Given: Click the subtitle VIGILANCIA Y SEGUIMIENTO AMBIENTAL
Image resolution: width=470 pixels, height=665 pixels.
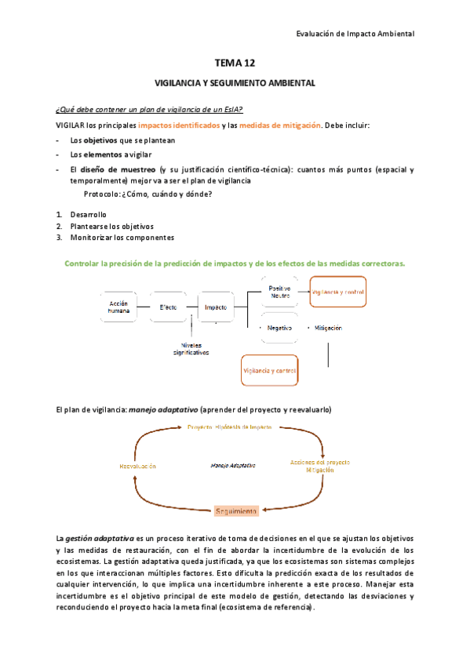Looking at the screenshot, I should pyautogui.click(x=235, y=82).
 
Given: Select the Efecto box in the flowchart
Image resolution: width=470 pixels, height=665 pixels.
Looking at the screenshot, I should pyautogui.click(x=168, y=307).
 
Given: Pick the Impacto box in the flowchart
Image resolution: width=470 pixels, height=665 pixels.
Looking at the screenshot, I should pyautogui.click(x=216, y=307).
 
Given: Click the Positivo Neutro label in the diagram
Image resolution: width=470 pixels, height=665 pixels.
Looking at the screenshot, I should pyautogui.click(x=279, y=291).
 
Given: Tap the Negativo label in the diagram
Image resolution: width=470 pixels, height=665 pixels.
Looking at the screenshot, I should pyautogui.click(x=279, y=328).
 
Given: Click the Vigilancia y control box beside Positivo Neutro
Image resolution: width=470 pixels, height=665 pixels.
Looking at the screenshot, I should pyautogui.click(x=338, y=292).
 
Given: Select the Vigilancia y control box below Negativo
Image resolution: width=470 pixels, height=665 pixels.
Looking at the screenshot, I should pyautogui.click(x=269, y=370).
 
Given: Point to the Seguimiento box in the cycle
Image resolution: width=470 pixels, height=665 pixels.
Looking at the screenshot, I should pyautogui.click(x=235, y=511).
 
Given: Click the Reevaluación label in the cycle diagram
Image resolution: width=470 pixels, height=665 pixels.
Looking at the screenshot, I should pyautogui.click(x=137, y=466).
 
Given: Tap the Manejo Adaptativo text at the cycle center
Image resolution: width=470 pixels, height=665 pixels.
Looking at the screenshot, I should pyautogui.click(x=233, y=466).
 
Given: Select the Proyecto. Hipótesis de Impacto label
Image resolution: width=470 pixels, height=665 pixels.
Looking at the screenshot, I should pyautogui.click(x=229, y=427).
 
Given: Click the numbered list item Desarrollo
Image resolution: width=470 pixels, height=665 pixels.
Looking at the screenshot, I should pyautogui.click(x=88, y=215).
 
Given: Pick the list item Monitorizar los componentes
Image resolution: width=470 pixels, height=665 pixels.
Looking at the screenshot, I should pyautogui.click(x=122, y=238).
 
